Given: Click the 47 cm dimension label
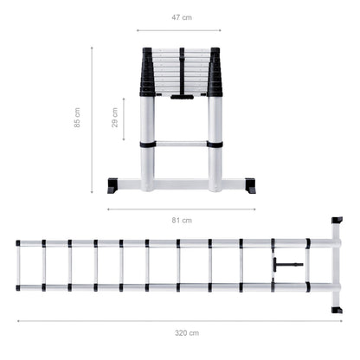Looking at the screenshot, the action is (x=182, y=17).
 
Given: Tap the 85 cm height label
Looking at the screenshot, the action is (x=77, y=118).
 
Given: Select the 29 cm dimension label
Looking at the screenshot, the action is (x=115, y=118).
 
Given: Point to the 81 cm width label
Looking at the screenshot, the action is (x=182, y=221).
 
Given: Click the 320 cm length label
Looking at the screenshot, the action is (x=187, y=333).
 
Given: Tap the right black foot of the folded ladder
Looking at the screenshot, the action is (x=250, y=186).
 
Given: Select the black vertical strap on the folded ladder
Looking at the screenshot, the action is (x=182, y=71).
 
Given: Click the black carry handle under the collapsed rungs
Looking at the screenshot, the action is (x=182, y=97).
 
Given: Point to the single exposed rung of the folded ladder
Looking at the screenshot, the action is (x=181, y=144).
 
